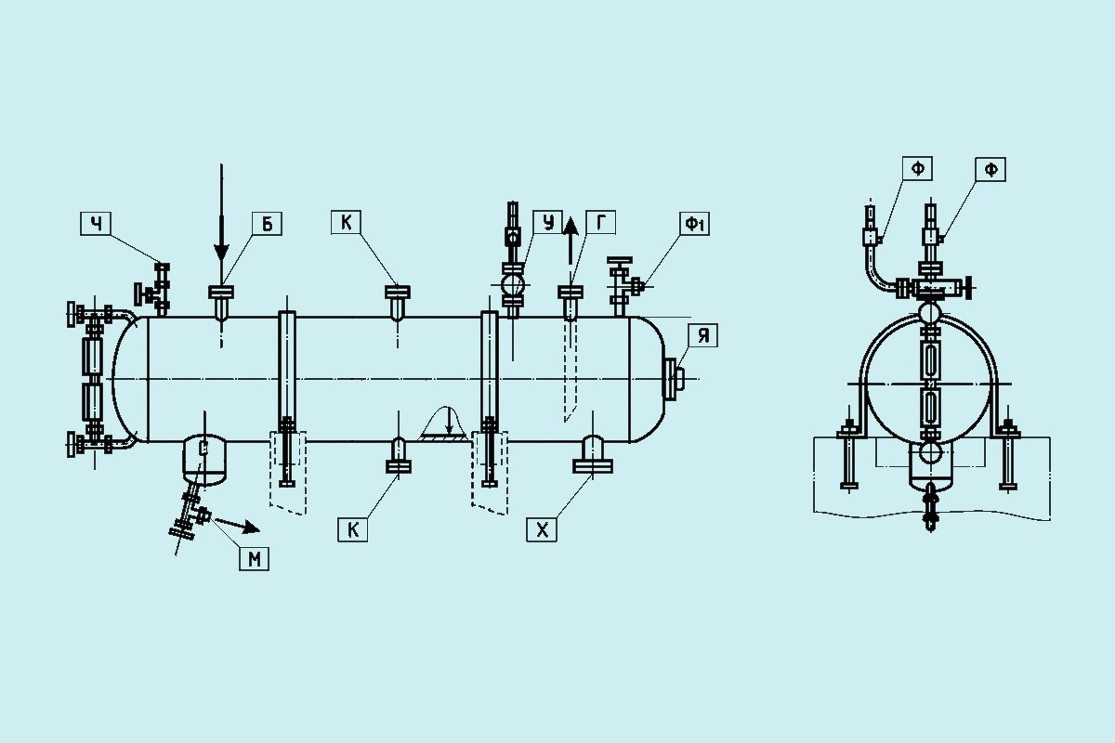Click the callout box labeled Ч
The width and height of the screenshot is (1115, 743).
(x=96, y=224)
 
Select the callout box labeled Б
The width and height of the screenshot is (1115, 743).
(x=267, y=224)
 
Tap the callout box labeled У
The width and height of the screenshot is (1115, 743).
(x=547, y=222)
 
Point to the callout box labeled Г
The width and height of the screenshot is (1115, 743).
(x=600, y=222)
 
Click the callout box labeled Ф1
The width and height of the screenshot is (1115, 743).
(x=694, y=224)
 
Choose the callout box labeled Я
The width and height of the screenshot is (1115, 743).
(x=702, y=335)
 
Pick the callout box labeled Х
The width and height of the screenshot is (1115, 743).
(x=542, y=529)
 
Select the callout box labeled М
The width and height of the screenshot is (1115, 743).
(x=254, y=558)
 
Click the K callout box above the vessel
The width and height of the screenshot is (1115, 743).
(x=346, y=222)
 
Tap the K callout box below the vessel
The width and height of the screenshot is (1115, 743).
(x=352, y=529)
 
